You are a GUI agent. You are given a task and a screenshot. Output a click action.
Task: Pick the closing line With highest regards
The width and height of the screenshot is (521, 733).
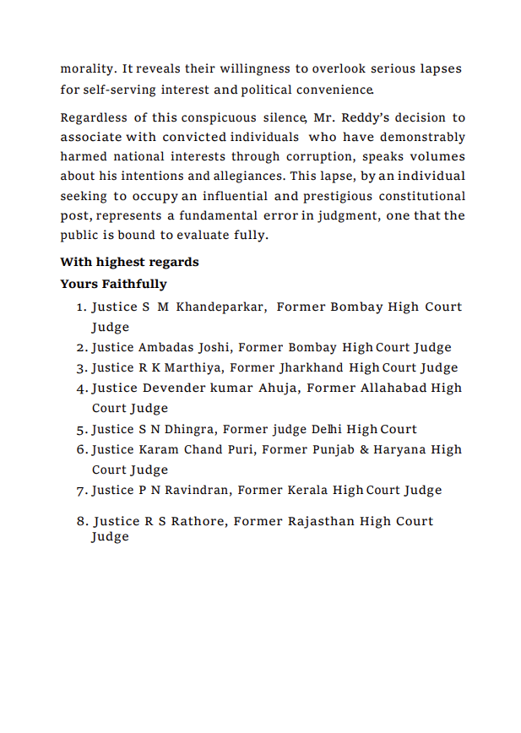(129, 263)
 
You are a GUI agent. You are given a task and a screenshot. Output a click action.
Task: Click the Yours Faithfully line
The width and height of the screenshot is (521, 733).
(113, 284)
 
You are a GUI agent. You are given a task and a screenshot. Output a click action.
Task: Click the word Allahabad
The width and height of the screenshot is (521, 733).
(388, 388)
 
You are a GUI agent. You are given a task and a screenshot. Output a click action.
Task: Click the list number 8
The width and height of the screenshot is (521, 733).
(82, 522)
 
